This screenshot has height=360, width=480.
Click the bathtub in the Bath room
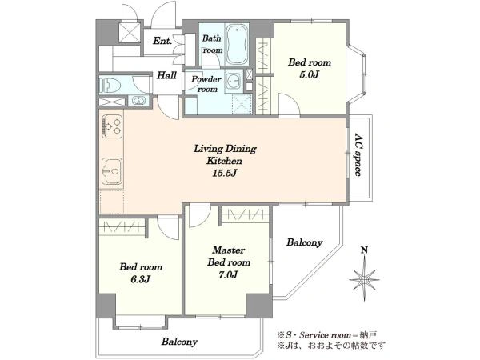pos(236,44)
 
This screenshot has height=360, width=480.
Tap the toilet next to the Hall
pos(109,84)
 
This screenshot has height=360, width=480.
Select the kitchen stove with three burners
pos(111,126)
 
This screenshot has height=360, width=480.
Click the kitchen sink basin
pos(111,171)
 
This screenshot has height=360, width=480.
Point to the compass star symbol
pos(364,278)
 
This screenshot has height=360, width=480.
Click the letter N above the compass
pos(364,250)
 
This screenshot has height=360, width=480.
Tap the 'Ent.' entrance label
pos(162,41)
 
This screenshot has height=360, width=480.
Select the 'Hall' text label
pos(166,75)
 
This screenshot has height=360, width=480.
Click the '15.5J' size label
pos(225,174)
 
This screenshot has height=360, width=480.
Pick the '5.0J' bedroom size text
pos(310,74)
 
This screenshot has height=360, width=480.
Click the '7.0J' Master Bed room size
pos(228,274)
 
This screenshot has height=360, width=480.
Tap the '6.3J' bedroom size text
pos(140,279)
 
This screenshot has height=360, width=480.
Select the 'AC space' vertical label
pos(358,154)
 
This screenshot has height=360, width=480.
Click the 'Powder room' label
pos(206,84)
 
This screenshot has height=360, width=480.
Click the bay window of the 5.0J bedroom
pos(358,74)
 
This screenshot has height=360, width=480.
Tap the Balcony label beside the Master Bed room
pos(305,242)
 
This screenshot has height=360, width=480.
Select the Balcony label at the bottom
pos(179,342)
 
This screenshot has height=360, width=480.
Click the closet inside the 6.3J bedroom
pos(122,227)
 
